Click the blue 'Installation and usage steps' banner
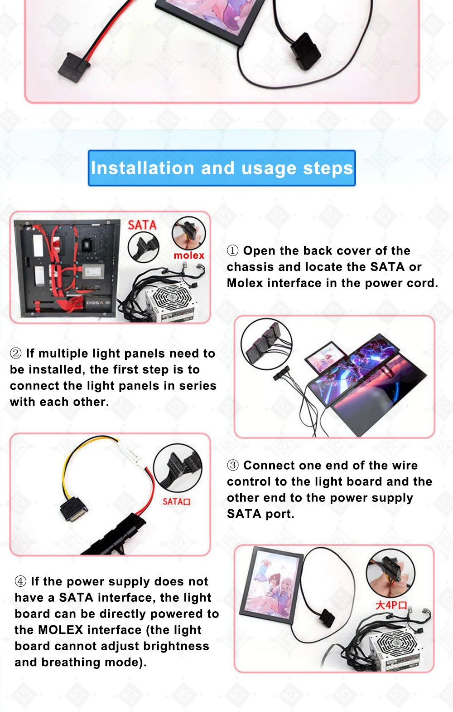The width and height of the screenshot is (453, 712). [222, 168]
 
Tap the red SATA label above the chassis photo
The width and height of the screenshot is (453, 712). [142, 225]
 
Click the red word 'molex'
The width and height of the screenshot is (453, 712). [189, 255]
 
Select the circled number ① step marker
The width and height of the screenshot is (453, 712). [232, 251]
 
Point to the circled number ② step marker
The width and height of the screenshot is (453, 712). [15, 354]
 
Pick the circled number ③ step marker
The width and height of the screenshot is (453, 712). [233, 465]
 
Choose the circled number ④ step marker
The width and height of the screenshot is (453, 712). [20, 581]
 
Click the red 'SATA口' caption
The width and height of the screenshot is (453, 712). [176, 501]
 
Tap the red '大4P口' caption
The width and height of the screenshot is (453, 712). [391, 604]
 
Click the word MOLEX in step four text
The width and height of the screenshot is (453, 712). [61, 630]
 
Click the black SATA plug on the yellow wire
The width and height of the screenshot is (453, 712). [73, 510]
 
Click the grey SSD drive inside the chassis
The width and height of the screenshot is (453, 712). [93, 271]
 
